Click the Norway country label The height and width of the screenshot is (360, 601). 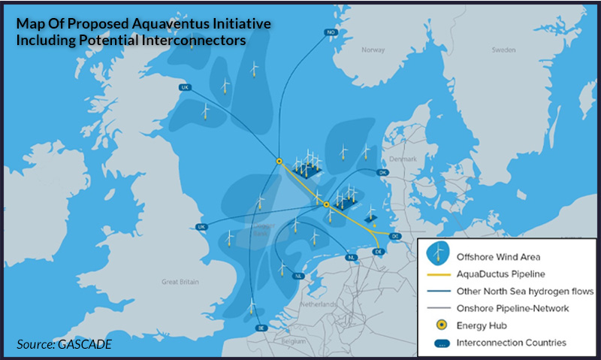[x=373, y=50]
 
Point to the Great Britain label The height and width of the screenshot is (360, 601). [x=179, y=282]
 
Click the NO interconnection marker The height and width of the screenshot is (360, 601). [x=331, y=32]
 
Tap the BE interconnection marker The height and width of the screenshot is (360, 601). [x=261, y=328]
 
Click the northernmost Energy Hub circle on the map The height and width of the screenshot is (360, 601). [x=279, y=160]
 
